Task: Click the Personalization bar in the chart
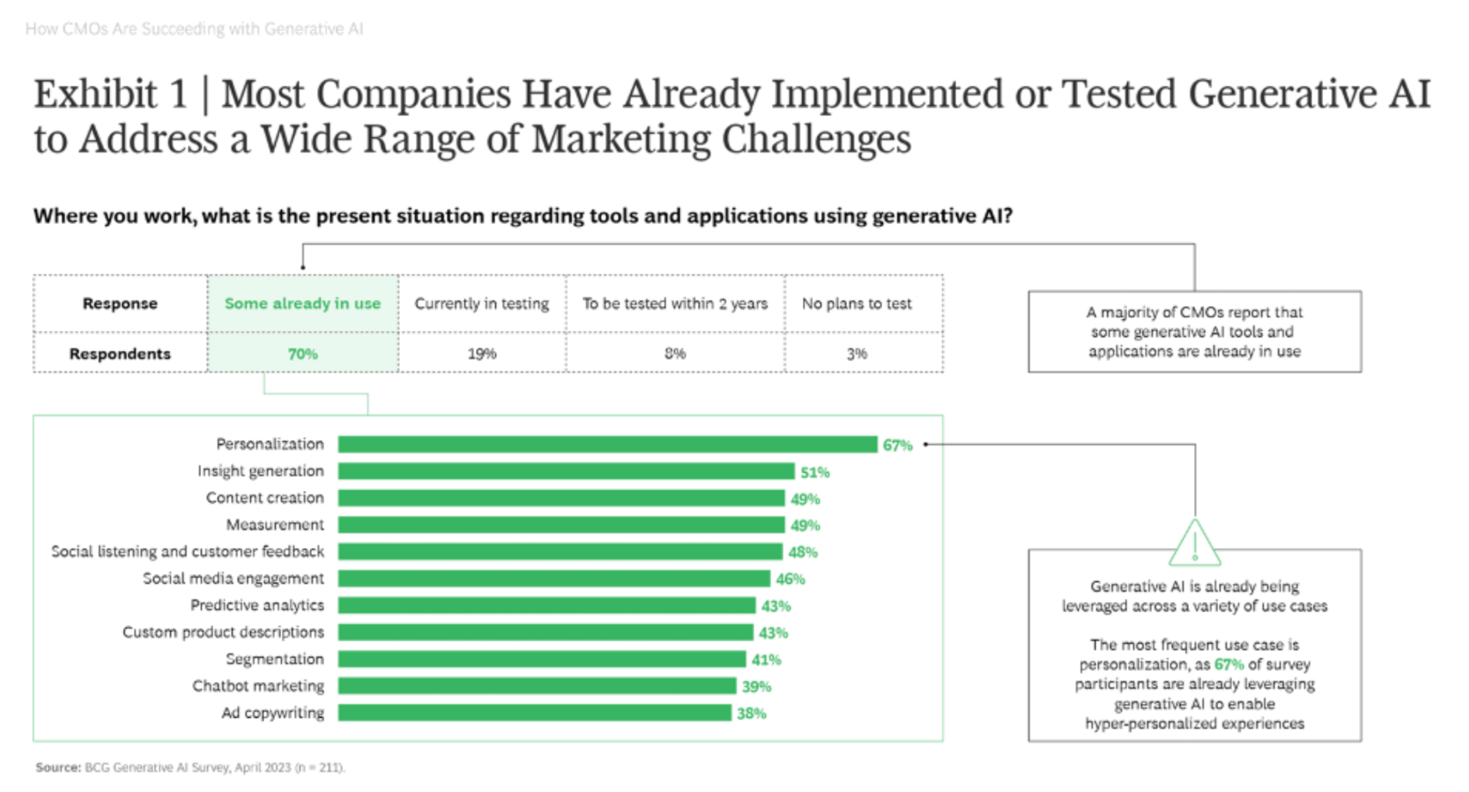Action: point(607,444)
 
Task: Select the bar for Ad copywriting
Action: point(534,713)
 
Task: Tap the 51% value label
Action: point(815,473)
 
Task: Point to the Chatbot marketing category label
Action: point(258,686)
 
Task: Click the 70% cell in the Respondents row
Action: point(303,353)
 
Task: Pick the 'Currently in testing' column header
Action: point(482,303)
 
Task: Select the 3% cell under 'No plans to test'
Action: point(857,353)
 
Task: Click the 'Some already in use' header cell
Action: point(303,303)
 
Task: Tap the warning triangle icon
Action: point(1194,544)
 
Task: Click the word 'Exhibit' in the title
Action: point(95,94)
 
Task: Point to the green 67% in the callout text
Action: point(1229,664)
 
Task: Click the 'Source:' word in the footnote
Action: point(58,767)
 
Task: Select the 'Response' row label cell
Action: point(120,303)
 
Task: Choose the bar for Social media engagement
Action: point(554,579)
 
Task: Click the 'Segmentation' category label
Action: point(274,659)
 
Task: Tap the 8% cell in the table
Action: point(675,353)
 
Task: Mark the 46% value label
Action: point(790,579)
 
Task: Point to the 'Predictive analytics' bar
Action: point(546,605)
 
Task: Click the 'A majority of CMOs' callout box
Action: point(1194,332)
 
